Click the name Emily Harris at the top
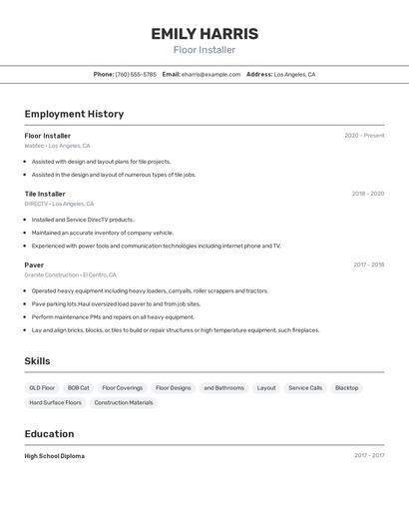click(x=204, y=34)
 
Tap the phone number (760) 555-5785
click(x=136, y=74)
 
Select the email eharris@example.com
click(x=210, y=74)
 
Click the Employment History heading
click(x=74, y=114)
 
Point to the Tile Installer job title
click(x=45, y=194)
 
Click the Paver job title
click(x=34, y=264)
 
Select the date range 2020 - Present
click(x=364, y=136)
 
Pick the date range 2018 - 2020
click(x=367, y=194)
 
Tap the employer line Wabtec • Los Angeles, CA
click(x=57, y=146)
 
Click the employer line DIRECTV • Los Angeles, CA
click(x=60, y=204)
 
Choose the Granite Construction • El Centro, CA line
click(x=70, y=274)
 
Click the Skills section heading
click(x=37, y=361)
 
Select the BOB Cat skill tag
click(x=78, y=387)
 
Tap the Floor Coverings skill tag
click(x=122, y=387)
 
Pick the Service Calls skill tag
click(x=305, y=387)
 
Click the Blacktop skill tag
click(x=346, y=387)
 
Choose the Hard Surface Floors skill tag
click(x=55, y=402)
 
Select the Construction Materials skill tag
click(x=124, y=402)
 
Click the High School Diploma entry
click(x=55, y=456)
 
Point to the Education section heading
click(x=49, y=434)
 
